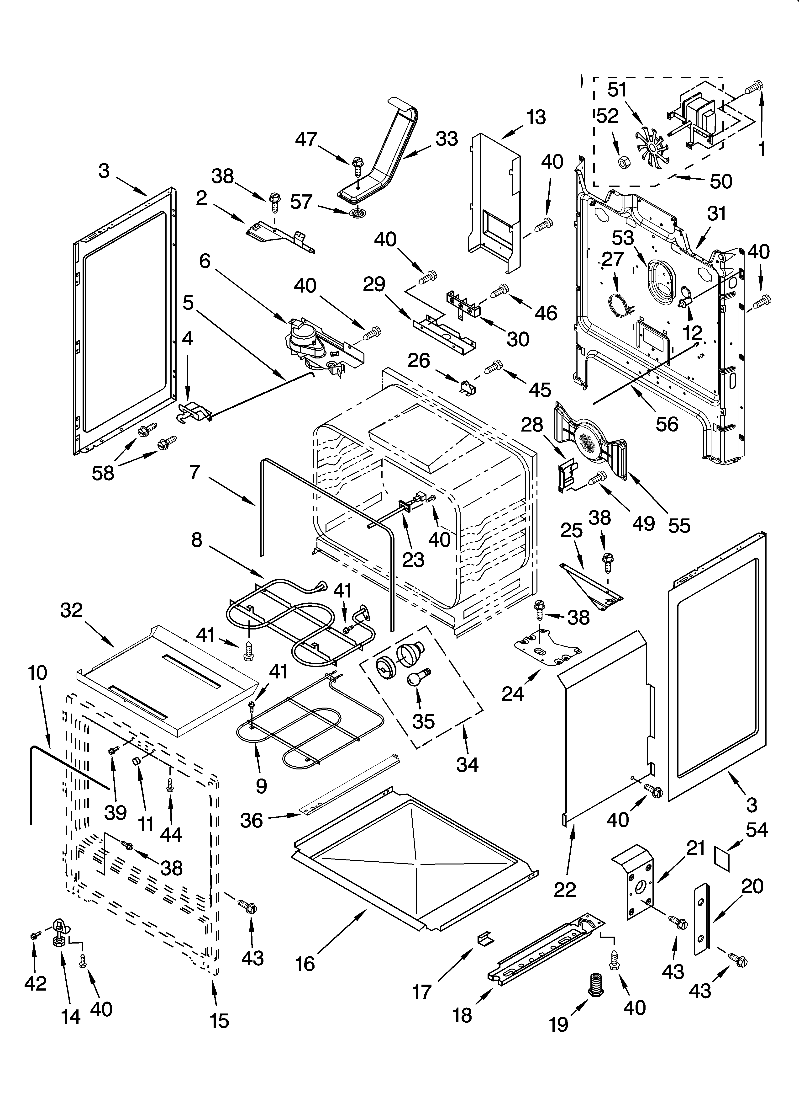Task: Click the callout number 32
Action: [72, 610]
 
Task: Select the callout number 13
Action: [536, 117]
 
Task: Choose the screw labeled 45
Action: [494, 365]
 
